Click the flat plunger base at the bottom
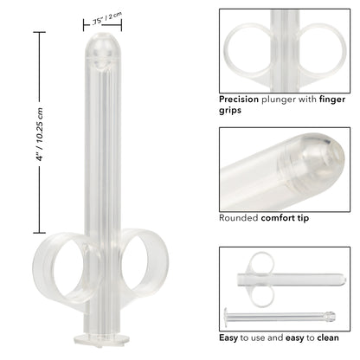(x=103, y=338)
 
